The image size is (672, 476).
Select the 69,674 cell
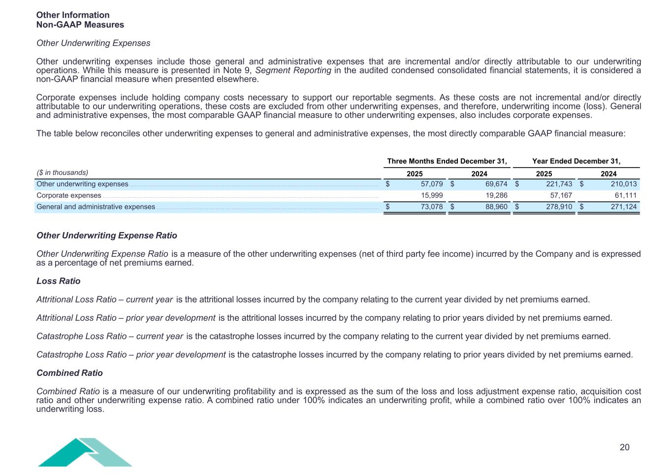pyautogui.click(x=495, y=184)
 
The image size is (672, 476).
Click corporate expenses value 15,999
pyautogui.click(x=430, y=196)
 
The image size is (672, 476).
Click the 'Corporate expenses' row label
pyautogui.click(x=69, y=196)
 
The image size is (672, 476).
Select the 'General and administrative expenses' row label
pyautogui.click(x=96, y=207)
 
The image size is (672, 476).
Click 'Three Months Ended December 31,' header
pyautogui.click(x=447, y=161)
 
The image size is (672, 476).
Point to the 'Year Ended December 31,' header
pyautogui.click(x=576, y=161)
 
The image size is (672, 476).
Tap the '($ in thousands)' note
pyautogui.click(x=63, y=172)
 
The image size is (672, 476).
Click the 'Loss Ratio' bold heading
pyautogui.click(x=58, y=281)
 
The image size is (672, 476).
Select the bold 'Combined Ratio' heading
pyautogui.click(x=69, y=373)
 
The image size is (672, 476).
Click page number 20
pyautogui.click(x=624, y=447)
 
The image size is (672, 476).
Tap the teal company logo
pyautogui.click(x=85, y=452)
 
